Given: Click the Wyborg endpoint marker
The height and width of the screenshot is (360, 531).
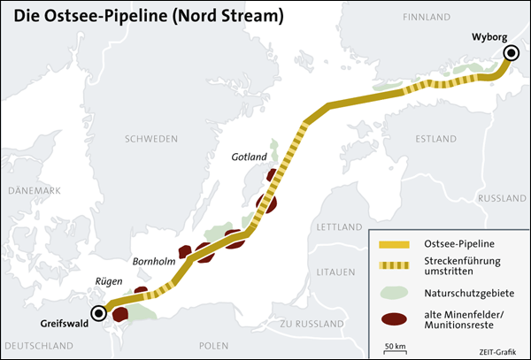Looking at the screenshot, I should tap(511, 55).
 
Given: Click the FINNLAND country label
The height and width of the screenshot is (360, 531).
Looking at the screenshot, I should tap(427, 17).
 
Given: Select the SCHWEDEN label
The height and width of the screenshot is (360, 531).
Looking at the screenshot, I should tap(151, 139).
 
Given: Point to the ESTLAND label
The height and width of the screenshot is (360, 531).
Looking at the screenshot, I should tap(435, 139).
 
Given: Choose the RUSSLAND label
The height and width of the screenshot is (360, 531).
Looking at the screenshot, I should tap(502, 198).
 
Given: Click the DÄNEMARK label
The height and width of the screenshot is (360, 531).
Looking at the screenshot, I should tap(33, 190).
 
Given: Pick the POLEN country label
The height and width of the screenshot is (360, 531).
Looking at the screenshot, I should tap(213, 344).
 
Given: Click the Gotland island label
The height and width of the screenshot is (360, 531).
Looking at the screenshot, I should tap(249, 157).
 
